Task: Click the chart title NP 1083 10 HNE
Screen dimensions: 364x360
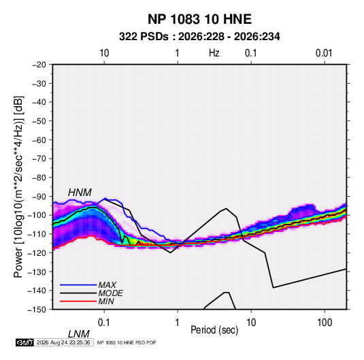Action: pyautogui.click(x=199, y=19)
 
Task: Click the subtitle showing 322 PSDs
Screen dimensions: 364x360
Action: pyautogui.click(x=199, y=37)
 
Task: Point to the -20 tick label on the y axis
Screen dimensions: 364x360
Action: pyautogui.click(x=39, y=65)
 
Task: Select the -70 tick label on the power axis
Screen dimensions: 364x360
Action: pyautogui.click(x=39, y=159)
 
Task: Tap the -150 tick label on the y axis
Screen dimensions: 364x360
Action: pyautogui.click(x=37, y=310)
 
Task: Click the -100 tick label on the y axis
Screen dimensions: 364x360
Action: pyautogui.click(x=37, y=215)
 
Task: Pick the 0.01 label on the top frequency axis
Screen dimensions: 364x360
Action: pyautogui.click(x=324, y=53)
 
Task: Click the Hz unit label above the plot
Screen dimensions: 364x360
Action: pyautogui.click(x=214, y=53)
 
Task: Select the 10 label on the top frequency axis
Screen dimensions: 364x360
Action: pyautogui.click(x=104, y=53)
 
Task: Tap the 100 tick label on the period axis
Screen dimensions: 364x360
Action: pyautogui.click(x=325, y=323)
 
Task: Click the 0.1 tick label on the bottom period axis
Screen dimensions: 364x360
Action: pyautogui.click(x=104, y=323)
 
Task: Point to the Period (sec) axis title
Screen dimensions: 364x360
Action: pyautogui.click(x=214, y=330)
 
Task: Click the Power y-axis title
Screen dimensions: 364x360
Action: pyautogui.click(x=18, y=186)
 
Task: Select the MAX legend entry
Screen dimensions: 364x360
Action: pyautogui.click(x=107, y=284)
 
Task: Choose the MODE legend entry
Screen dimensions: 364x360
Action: pyautogui.click(x=110, y=293)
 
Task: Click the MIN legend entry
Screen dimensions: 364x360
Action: pyautogui.click(x=106, y=301)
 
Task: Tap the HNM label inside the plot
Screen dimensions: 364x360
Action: pyautogui.click(x=80, y=193)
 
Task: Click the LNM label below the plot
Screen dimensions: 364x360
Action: pyautogui.click(x=79, y=334)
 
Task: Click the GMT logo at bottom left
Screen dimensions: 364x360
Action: pyautogui.click(x=24, y=342)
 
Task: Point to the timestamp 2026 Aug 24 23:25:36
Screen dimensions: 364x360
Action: pyautogui.click(x=63, y=342)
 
